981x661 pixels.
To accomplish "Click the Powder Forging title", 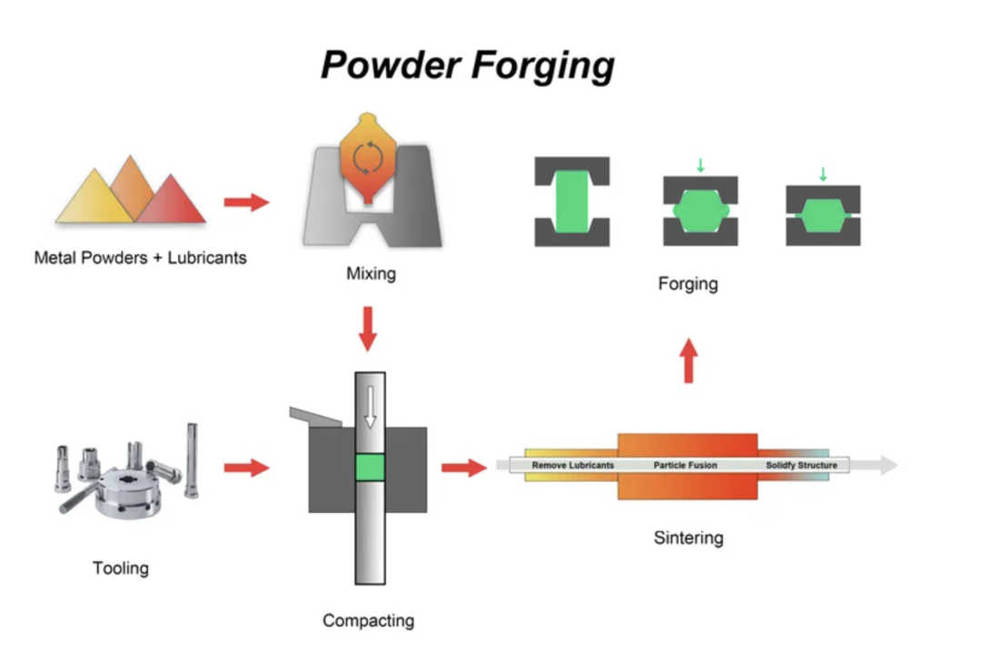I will point(468,65).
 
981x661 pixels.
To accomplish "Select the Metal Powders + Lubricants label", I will point(140,258).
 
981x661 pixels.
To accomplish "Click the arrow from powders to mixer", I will point(246,202).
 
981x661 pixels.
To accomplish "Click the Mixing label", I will point(371,272).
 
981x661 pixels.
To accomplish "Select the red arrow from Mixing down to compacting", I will point(367,329).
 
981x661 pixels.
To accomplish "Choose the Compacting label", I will point(368,621).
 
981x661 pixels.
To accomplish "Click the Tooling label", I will point(121,568).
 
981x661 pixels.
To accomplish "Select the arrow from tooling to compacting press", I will point(246,468).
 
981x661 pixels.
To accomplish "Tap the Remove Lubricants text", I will point(572,466).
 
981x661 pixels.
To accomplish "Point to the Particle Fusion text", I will point(685,466).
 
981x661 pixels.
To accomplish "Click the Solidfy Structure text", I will point(801,466).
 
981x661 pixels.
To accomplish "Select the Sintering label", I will point(689,538).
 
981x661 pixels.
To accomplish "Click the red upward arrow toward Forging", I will point(689,360).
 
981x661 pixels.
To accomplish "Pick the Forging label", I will point(688,284).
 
